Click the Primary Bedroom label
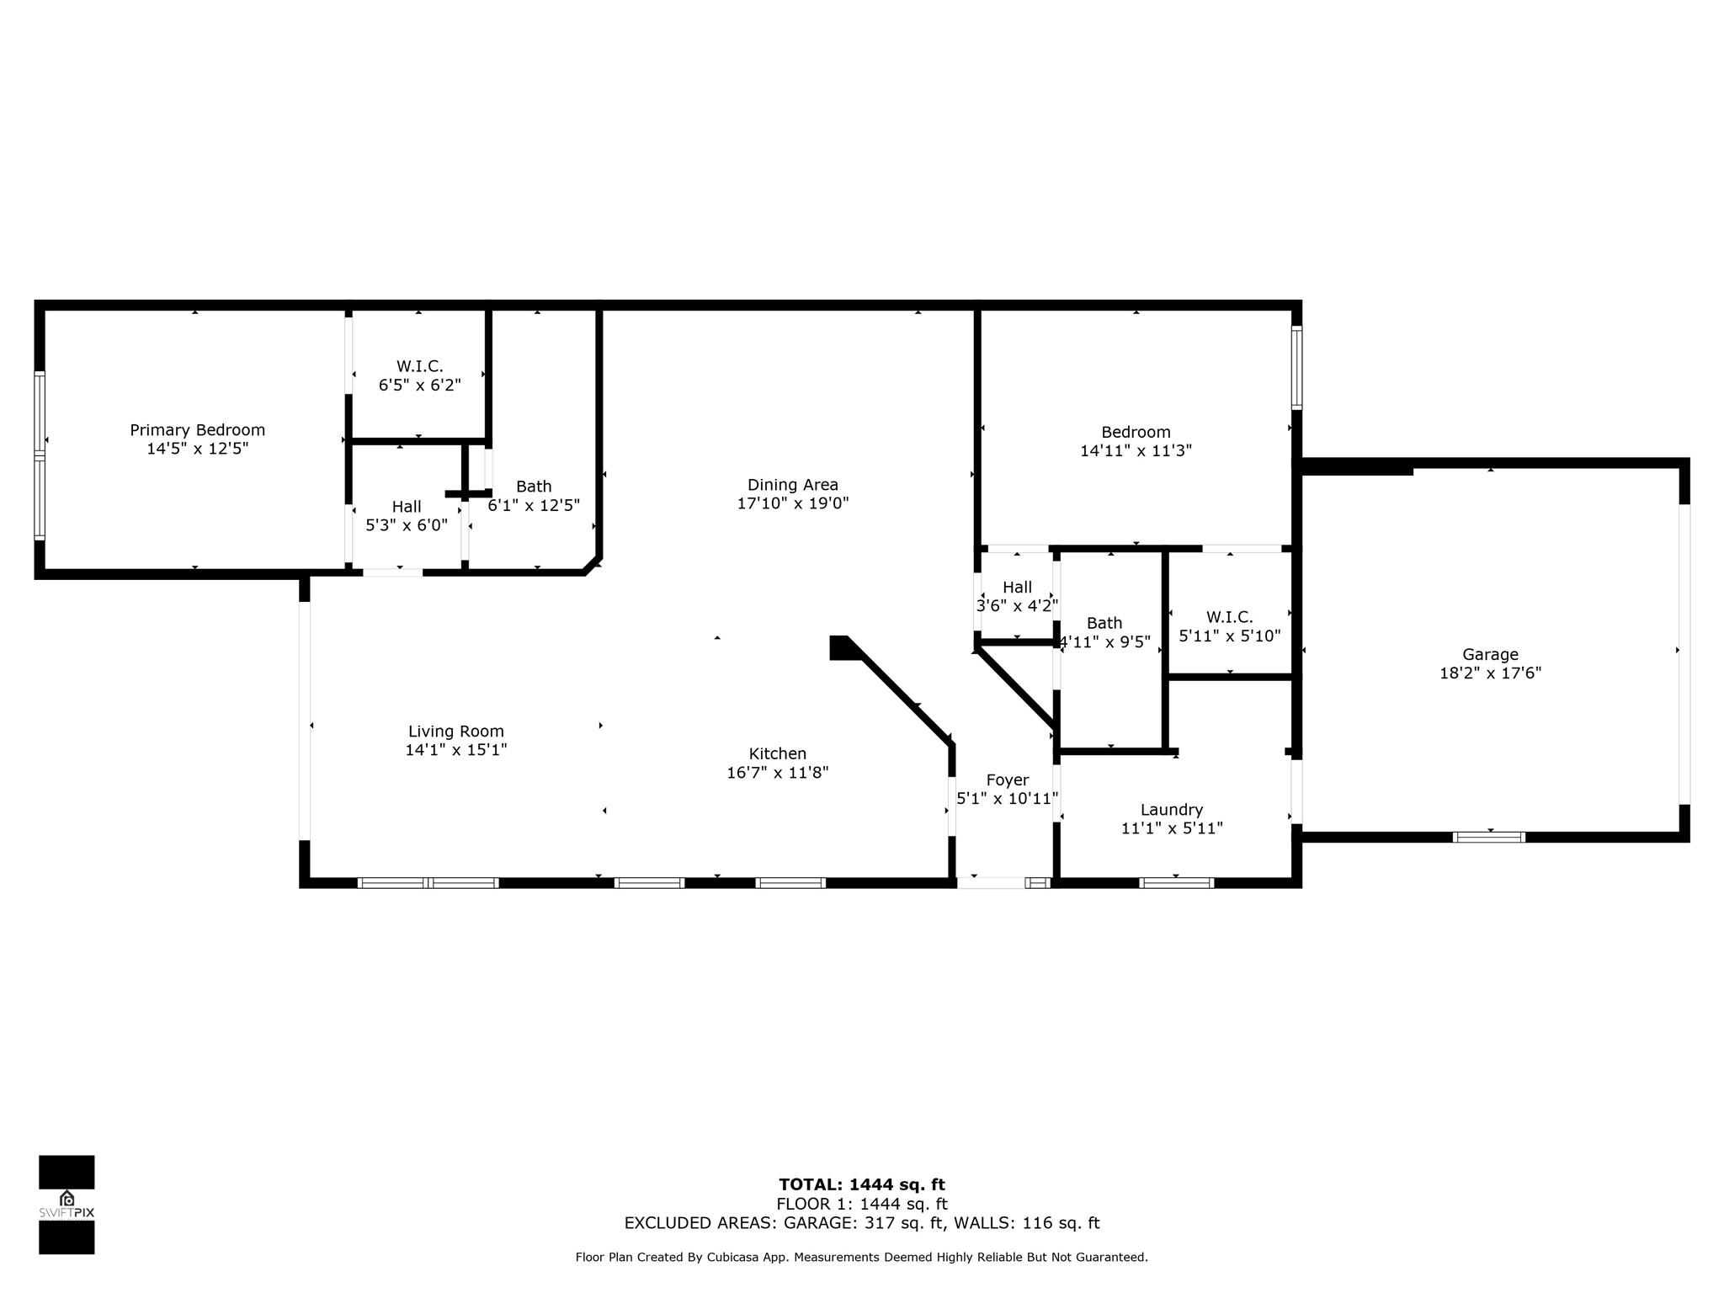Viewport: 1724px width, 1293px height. click(x=197, y=430)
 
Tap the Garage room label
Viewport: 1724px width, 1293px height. click(x=1490, y=654)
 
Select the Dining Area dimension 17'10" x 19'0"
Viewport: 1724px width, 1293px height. click(x=793, y=503)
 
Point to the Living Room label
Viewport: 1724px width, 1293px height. click(x=456, y=732)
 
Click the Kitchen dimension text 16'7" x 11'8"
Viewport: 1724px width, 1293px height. click(x=778, y=772)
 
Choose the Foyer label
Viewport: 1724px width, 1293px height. click(x=1008, y=780)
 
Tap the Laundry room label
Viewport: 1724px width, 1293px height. click(x=1172, y=810)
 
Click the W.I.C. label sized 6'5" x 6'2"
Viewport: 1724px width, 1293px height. click(x=419, y=366)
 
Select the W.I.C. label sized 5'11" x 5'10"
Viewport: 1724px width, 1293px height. click(x=1229, y=617)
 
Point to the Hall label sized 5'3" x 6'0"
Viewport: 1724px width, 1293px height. click(x=407, y=507)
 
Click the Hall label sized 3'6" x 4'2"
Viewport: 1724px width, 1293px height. click(x=1017, y=587)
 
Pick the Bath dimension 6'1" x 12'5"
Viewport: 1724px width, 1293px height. click(x=534, y=505)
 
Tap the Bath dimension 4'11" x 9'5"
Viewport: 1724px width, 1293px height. click(x=1104, y=641)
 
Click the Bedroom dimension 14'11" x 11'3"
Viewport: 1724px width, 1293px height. click(x=1136, y=450)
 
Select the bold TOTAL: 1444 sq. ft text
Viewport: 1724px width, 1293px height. click(x=862, y=1185)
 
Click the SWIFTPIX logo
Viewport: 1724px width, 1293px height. click(x=67, y=1205)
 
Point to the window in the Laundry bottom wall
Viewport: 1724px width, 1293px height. click(x=1176, y=883)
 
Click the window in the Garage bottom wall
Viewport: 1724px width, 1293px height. click(x=1489, y=837)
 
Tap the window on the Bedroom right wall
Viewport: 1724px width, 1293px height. click(x=1296, y=368)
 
